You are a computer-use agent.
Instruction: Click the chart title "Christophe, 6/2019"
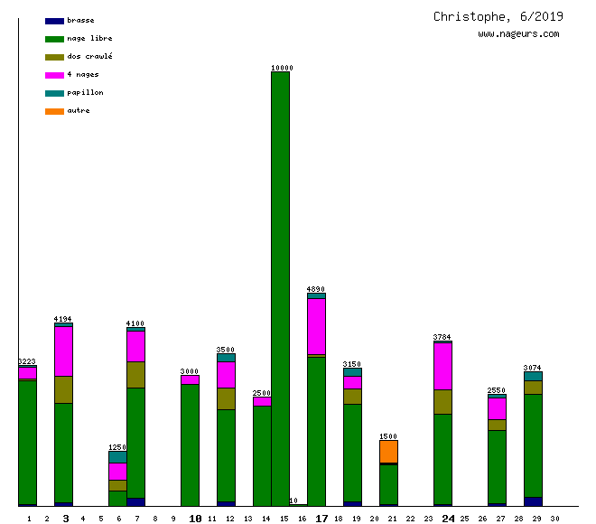(498, 16)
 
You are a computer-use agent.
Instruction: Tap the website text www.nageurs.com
(518, 34)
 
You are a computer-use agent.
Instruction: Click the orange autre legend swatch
(54, 110)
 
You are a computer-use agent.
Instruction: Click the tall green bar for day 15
(280, 289)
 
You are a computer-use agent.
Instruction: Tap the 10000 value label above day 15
(281, 68)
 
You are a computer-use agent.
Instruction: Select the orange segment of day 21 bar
(388, 451)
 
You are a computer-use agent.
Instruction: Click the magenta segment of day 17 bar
(316, 326)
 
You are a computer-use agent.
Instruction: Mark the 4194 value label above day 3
(63, 319)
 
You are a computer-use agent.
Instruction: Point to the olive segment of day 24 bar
(442, 401)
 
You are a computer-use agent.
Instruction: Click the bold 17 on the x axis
(321, 519)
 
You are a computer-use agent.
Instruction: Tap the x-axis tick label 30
(554, 519)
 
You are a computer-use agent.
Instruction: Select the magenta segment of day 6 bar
(117, 471)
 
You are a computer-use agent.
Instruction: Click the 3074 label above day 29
(533, 368)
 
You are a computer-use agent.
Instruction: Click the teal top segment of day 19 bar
(352, 371)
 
